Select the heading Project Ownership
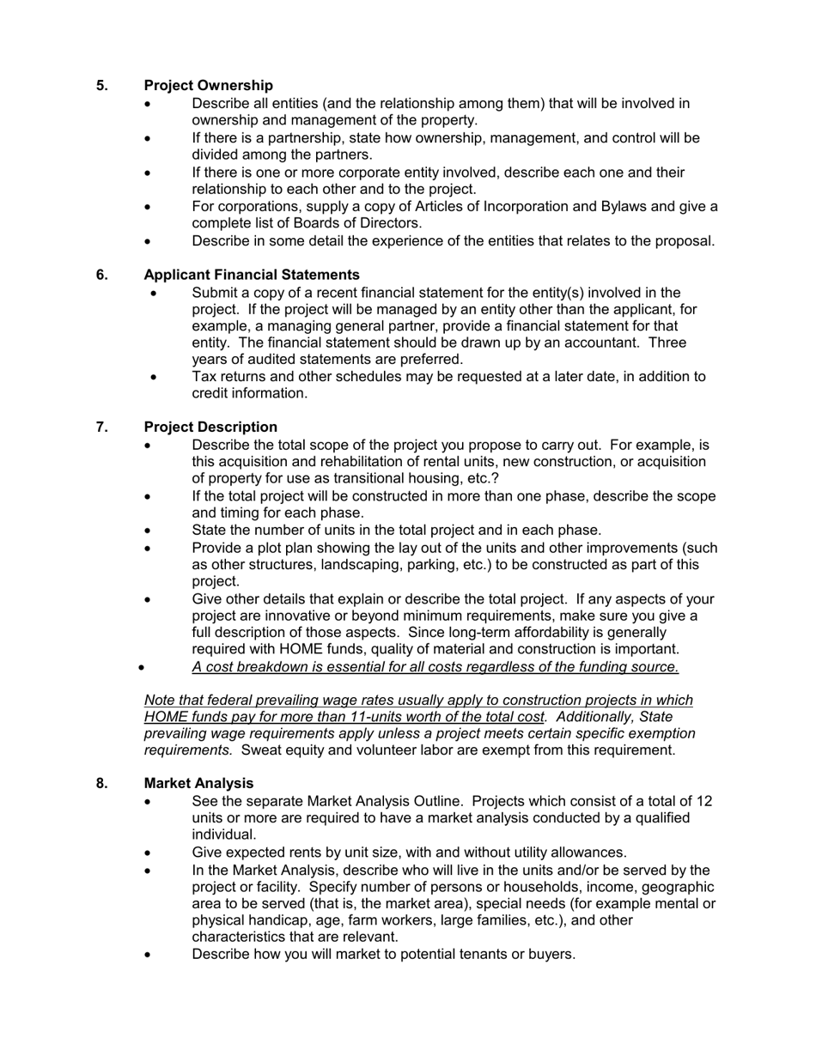click(x=209, y=86)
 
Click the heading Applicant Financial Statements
click(x=252, y=275)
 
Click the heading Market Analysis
click(x=198, y=784)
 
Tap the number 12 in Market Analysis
click(x=704, y=801)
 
